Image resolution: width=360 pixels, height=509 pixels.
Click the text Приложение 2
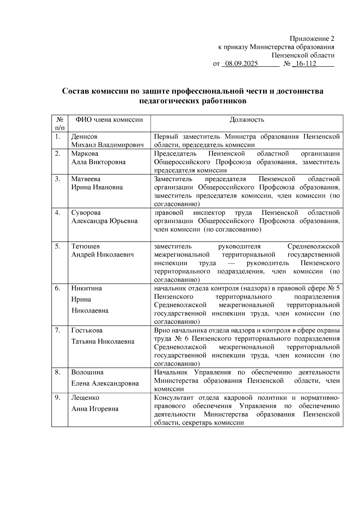click(x=312, y=39)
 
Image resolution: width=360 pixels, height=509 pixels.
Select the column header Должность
click(x=247, y=120)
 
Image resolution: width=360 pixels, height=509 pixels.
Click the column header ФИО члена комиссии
click(x=109, y=120)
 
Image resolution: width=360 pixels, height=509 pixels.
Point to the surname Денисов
click(x=84, y=137)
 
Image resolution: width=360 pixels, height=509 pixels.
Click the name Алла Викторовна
click(x=98, y=162)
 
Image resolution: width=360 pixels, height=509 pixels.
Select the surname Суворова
click(x=86, y=213)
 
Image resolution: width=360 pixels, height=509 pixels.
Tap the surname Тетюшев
click(x=85, y=246)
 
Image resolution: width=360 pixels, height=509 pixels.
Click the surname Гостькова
click(x=87, y=330)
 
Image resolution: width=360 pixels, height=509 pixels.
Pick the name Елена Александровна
click(x=105, y=383)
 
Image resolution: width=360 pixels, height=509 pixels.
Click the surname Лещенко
click(x=85, y=397)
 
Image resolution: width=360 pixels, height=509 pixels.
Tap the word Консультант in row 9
click(x=172, y=397)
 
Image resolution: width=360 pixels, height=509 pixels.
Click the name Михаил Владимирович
click(x=107, y=145)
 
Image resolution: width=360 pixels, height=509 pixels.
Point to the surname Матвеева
click(x=86, y=179)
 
